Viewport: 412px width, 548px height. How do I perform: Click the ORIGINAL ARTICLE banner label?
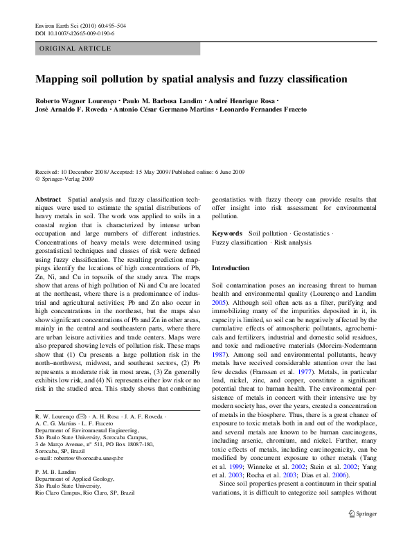click(75, 48)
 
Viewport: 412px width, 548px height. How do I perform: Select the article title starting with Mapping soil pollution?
click(191, 79)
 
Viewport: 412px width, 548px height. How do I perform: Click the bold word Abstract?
click(48, 198)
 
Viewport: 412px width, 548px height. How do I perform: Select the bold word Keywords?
click(226, 233)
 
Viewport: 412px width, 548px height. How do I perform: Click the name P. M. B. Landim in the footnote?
click(56, 471)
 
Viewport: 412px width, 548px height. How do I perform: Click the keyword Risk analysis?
click(294, 242)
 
